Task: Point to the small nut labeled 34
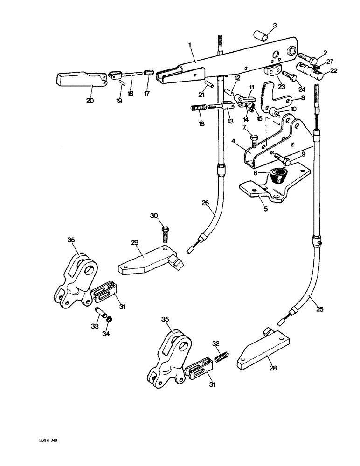(x=110, y=321)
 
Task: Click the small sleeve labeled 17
(x=149, y=73)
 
